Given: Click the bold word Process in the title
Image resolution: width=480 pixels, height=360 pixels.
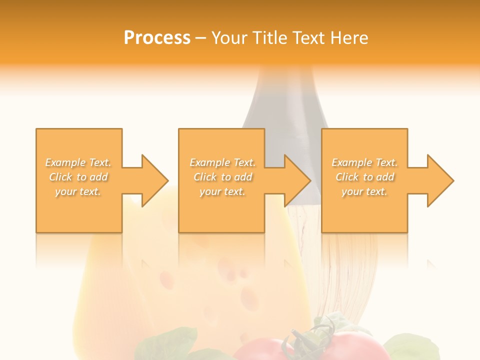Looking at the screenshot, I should (157, 38).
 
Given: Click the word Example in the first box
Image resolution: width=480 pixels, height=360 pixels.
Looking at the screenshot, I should (65, 162).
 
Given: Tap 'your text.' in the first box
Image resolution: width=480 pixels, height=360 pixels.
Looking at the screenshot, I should (78, 191).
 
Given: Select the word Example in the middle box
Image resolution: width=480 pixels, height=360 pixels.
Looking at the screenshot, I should (210, 162).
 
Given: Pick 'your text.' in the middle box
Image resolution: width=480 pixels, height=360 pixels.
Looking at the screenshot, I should (222, 191).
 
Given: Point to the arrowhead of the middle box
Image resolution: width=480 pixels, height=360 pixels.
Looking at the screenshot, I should (297, 180).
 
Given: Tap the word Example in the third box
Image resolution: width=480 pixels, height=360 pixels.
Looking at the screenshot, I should (352, 162).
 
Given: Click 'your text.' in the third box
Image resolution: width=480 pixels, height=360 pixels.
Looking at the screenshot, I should (364, 191).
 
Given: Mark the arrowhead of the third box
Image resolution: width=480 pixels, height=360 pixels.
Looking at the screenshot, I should (440, 180).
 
